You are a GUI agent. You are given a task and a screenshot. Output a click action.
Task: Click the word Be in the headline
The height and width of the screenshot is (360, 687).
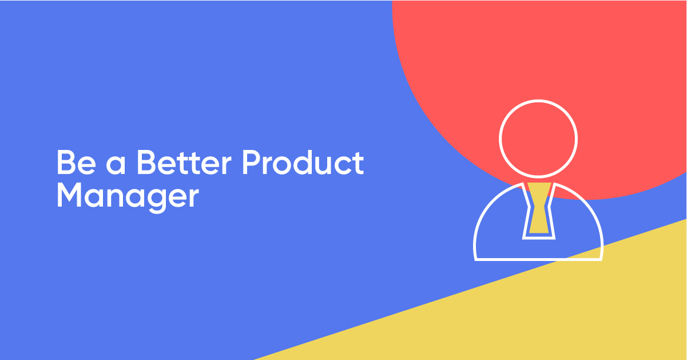(76, 163)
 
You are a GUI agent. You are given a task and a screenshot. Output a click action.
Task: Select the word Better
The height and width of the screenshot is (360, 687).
(184, 163)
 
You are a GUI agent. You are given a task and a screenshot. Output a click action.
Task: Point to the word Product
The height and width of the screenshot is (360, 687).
(303, 162)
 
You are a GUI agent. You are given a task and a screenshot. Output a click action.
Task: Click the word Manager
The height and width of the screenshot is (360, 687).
(128, 197)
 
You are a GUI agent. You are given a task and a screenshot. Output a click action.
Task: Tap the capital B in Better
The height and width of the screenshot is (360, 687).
(147, 163)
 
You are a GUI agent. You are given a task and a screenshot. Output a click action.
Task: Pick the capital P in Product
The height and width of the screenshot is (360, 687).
(252, 163)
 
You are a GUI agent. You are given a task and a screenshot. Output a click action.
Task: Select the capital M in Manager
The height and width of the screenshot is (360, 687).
(69, 195)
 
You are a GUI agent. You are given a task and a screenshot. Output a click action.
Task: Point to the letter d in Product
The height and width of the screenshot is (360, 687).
(303, 162)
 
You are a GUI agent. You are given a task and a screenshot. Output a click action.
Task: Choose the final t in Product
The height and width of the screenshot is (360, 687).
(358, 163)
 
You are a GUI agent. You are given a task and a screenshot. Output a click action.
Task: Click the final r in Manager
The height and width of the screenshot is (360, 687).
(193, 198)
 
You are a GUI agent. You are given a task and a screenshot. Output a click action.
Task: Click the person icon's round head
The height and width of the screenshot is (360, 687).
(499, 139)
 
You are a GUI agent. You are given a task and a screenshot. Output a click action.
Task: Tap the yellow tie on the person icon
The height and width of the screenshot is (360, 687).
(539, 208)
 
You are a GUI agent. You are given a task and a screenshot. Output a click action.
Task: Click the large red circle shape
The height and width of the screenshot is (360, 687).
(540, 61)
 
